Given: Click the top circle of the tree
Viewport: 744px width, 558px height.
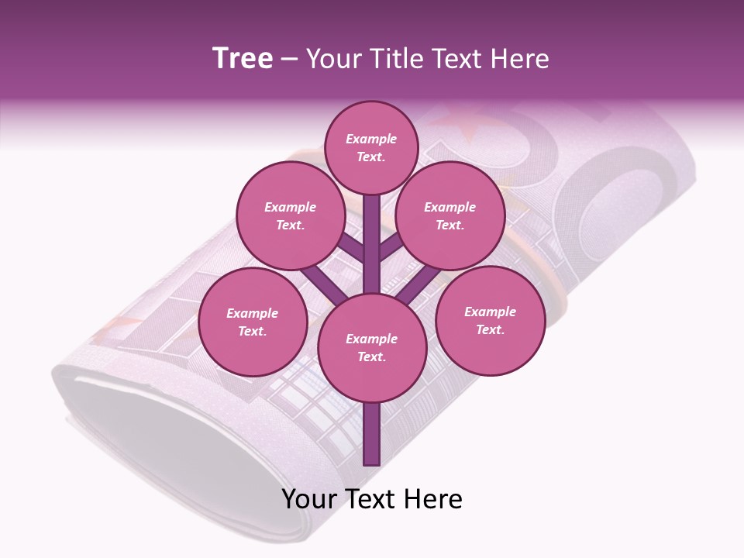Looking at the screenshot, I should click(x=371, y=147).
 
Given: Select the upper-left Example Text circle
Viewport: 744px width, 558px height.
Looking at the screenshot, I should click(x=290, y=216).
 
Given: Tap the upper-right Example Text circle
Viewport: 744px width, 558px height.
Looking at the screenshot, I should click(x=449, y=216).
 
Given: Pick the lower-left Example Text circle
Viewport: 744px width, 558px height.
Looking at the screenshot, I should click(x=252, y=322).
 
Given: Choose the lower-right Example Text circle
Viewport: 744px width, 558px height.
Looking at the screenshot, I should click(x=490, y=320).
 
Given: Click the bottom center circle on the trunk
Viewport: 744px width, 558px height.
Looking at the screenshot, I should click(x=372, y=348).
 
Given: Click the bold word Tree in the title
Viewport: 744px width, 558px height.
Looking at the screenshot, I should click(x=243, y=58).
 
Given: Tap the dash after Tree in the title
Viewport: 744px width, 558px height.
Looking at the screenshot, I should click(x=289, y=60).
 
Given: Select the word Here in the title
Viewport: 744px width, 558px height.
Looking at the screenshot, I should click(x=521, y=59).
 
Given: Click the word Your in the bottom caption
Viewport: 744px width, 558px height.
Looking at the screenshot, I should click(x=308, y=499).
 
